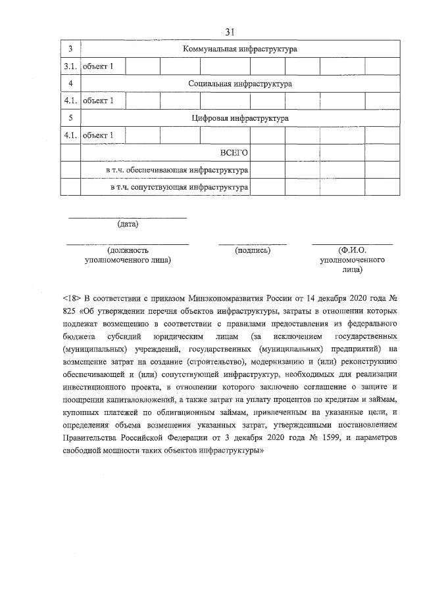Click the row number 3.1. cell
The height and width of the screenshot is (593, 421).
click(70, 66)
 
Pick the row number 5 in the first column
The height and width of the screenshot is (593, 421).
click(70, 119)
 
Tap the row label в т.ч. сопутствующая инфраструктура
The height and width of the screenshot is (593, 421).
click(179, 188)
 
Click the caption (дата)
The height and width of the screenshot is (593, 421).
click(128, 225)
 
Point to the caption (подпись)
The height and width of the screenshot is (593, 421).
click(253, 250)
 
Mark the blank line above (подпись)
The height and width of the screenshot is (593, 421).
click(253, 244)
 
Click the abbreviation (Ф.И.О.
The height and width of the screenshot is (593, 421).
click(352, 250)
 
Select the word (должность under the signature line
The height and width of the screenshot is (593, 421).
click(128, 250)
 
